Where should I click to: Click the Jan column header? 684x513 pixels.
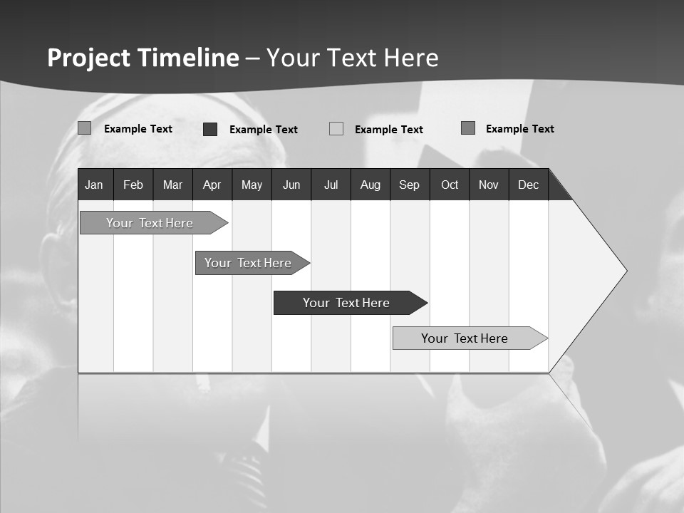[95, 185]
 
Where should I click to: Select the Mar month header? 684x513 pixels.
[172, 185]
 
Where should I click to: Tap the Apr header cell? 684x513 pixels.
[212, 185]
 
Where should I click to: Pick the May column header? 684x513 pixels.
[252, 185]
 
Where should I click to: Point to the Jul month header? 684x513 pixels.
[331, 185]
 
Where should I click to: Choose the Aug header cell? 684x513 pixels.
[370, 185]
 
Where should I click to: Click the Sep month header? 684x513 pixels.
[409, 185]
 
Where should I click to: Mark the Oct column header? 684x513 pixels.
[450, 185]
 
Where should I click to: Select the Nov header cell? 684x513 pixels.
[489, 185]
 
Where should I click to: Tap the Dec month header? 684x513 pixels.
[528, 185]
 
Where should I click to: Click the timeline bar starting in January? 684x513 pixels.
[150, 223]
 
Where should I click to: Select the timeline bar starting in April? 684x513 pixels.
[248, 263]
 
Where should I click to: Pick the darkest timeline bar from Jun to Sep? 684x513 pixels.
[346, 303]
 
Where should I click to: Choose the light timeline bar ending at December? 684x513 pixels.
[465, 338]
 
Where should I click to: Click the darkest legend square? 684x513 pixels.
[210, 129]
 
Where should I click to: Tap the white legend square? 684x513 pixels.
[336, 129]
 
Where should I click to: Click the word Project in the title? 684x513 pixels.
[89, 58]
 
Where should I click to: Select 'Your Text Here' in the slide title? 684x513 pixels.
[353, 58]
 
